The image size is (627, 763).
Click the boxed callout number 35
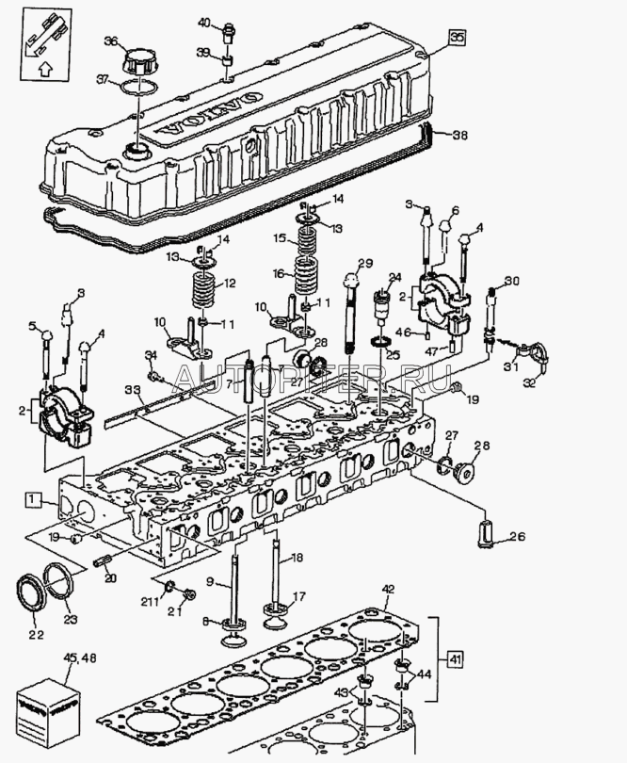(x=457, y=38)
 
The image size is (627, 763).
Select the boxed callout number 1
(x=33, y=498)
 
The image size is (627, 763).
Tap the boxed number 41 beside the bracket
(x=455, y=658)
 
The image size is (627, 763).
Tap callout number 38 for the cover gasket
(x=459, y=135)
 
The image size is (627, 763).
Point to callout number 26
(x=517, y=539)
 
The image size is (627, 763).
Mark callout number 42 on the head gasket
(x=388, y=591)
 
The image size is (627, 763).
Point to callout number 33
(x=134, y=388)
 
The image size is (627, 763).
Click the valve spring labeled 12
(x=202, y=284)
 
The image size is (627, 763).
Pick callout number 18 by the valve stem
(x=297, y=560)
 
